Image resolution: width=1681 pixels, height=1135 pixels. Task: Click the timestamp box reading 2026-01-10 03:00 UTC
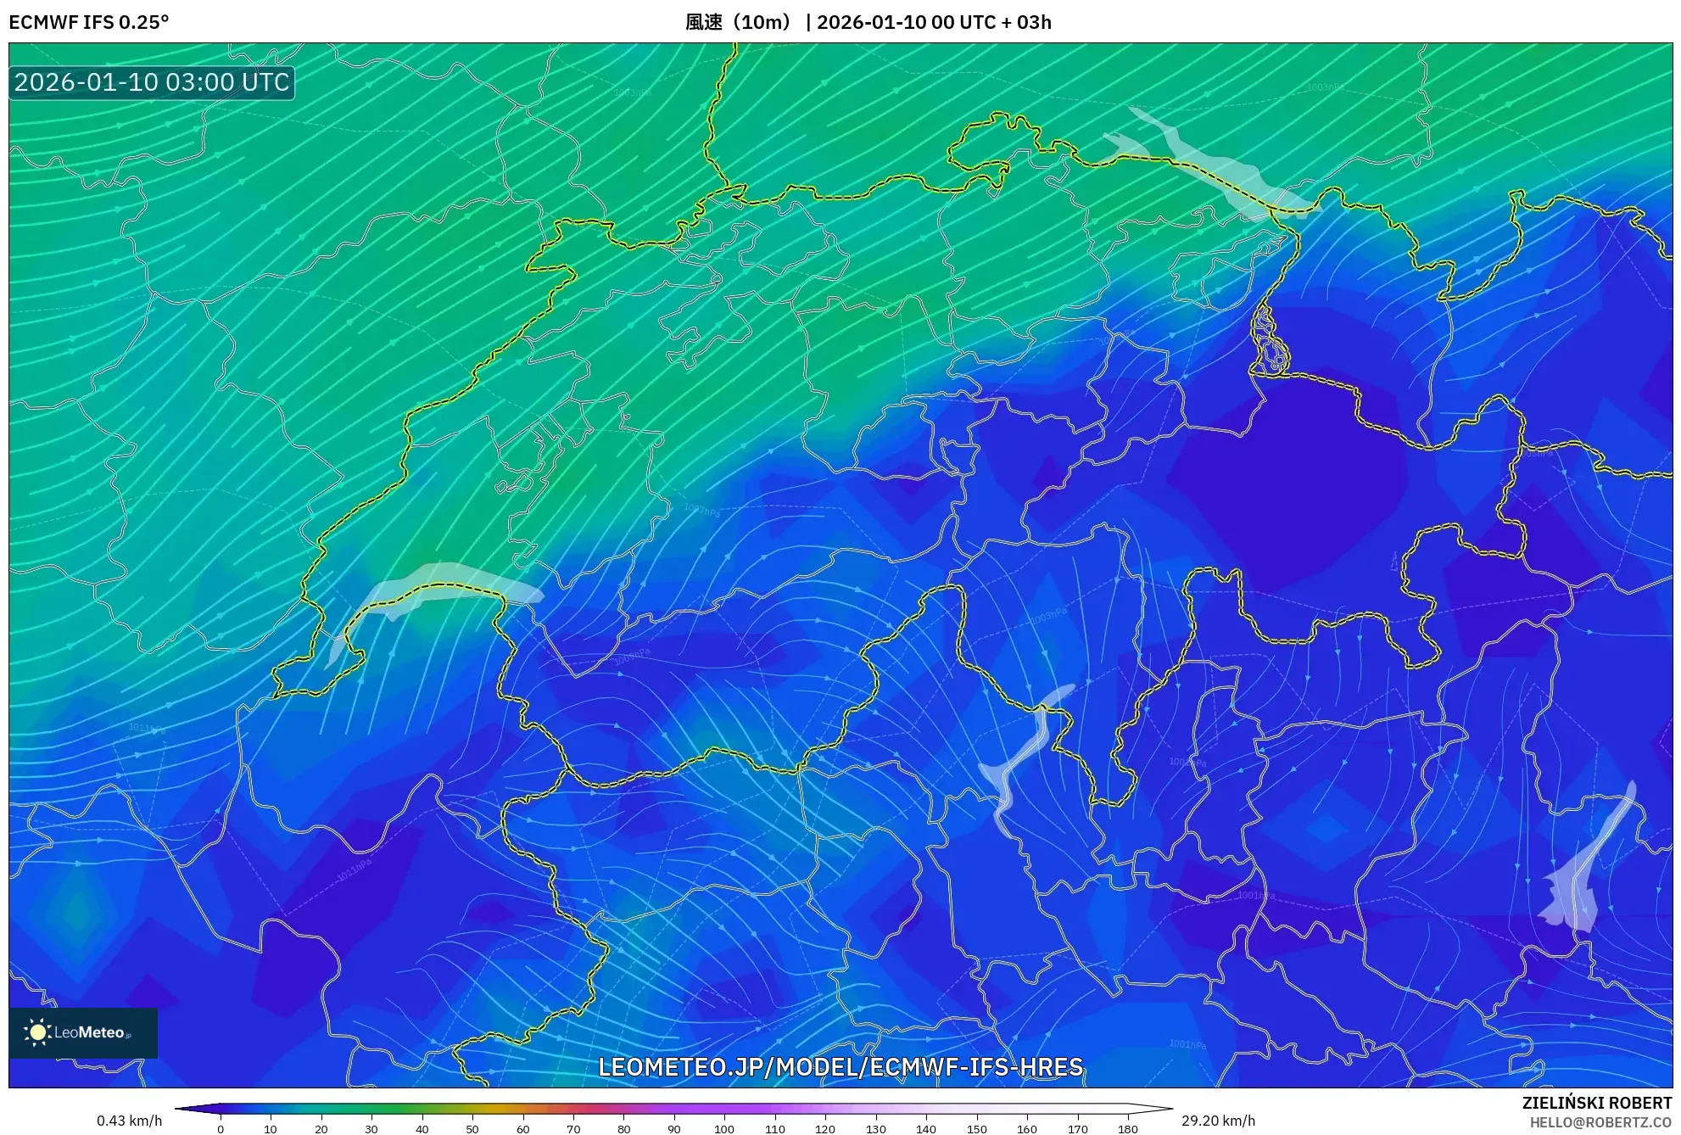(152, 82)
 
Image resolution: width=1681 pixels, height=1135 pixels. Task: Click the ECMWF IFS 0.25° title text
(89, 22)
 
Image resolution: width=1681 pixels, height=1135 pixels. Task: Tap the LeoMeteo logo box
(83, 1032)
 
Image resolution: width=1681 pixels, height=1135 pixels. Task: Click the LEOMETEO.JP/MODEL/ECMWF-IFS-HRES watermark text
(840, 1066)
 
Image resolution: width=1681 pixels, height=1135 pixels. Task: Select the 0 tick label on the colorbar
(221, 1129)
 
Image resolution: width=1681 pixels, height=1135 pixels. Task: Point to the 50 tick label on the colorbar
(472, 1129)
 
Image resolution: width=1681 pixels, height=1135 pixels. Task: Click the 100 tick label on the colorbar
(724, 1129)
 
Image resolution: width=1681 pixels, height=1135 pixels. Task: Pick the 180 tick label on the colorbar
(1127, 1129)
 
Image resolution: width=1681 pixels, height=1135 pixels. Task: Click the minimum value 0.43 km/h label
(129, 1121)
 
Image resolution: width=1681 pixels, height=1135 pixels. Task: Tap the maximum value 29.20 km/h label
(1218, 1121)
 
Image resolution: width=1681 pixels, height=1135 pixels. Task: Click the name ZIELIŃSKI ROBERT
(1596, 1103)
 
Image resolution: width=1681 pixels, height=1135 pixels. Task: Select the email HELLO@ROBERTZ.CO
(1600, 1122)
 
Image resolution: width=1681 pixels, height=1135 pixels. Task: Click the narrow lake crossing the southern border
(1022, 755)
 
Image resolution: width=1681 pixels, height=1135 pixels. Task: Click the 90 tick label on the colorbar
(674, 1129)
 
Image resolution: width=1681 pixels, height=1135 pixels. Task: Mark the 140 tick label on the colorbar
(926, 1129)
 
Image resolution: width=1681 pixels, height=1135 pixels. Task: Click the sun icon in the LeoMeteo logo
(37, 1032)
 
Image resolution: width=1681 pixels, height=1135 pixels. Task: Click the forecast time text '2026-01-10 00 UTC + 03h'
(934, 22)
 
